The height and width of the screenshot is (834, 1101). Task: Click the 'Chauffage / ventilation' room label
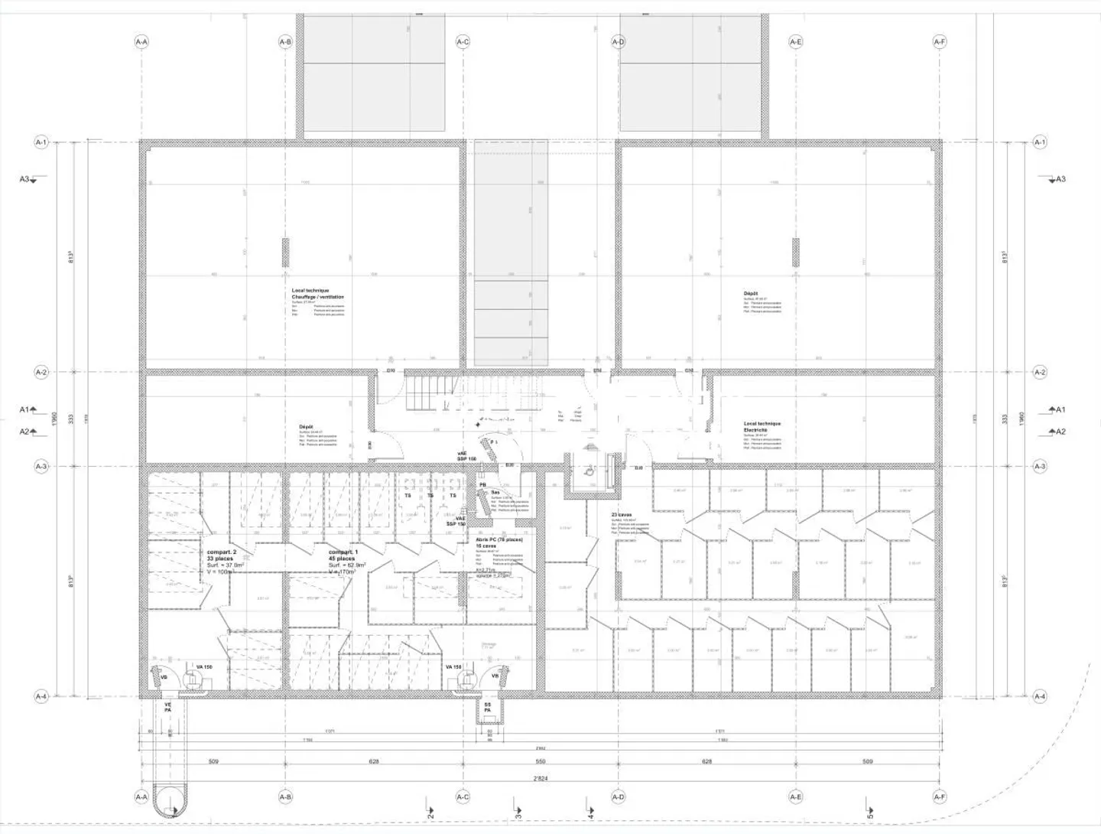point(317,297)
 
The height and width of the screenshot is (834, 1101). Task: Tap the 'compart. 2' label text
point(222,552)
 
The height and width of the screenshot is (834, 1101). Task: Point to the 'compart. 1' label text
point(343,552)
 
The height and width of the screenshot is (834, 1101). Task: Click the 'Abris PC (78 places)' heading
point(499,539)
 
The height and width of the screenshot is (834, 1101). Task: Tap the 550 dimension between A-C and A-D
point(540,761)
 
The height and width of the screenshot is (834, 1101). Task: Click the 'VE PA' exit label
point(167,707)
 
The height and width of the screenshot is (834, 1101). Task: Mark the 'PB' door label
point(482,485)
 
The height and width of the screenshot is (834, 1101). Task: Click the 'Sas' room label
point(495,492)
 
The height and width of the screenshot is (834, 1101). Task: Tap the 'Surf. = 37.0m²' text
point(225,565)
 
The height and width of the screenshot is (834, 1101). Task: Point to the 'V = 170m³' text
point(342,572)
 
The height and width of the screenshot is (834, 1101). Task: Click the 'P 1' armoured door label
point(494,442)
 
